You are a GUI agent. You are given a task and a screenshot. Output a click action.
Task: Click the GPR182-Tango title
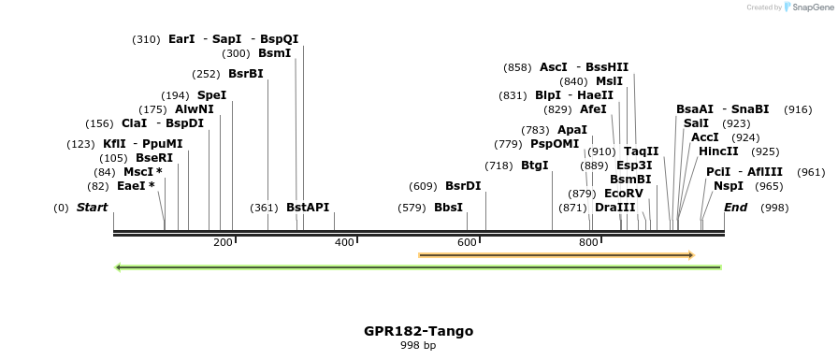[x=418, y=331]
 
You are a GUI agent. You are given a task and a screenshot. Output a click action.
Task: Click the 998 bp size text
[x=418, y=345]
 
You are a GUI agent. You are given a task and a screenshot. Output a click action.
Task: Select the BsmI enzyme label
[x=274, y=53]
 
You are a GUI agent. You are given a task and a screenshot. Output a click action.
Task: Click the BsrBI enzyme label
[x=245, y=74]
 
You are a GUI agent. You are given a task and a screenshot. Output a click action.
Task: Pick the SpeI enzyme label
[x=211, y=95]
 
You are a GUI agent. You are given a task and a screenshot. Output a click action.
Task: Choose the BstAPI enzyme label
[x=308, y=208]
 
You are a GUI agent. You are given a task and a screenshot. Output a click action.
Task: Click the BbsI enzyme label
[x=448, y=208]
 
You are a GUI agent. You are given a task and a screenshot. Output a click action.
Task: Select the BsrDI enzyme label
[x=463, y=186]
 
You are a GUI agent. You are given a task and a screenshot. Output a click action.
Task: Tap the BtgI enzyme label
[x=534, y=166]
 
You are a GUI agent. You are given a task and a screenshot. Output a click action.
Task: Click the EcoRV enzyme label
[x=623, y=193]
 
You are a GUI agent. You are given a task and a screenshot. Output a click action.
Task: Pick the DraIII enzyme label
[x=614, y=208]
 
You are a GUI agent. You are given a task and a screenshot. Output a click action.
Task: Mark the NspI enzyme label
[x=728, y=186]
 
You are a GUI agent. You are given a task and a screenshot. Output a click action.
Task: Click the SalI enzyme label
[x=696, y=123]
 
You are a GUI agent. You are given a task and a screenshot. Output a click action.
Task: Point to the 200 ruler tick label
[x=223, y=243]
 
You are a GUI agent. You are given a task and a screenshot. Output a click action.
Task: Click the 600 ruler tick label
[x=467, y=243]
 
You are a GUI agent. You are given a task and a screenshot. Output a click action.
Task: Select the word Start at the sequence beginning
[x=92, y=208]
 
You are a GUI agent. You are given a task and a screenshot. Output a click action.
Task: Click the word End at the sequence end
[x=735, y=208]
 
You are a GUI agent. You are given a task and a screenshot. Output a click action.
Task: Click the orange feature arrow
[x=556, y=254]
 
